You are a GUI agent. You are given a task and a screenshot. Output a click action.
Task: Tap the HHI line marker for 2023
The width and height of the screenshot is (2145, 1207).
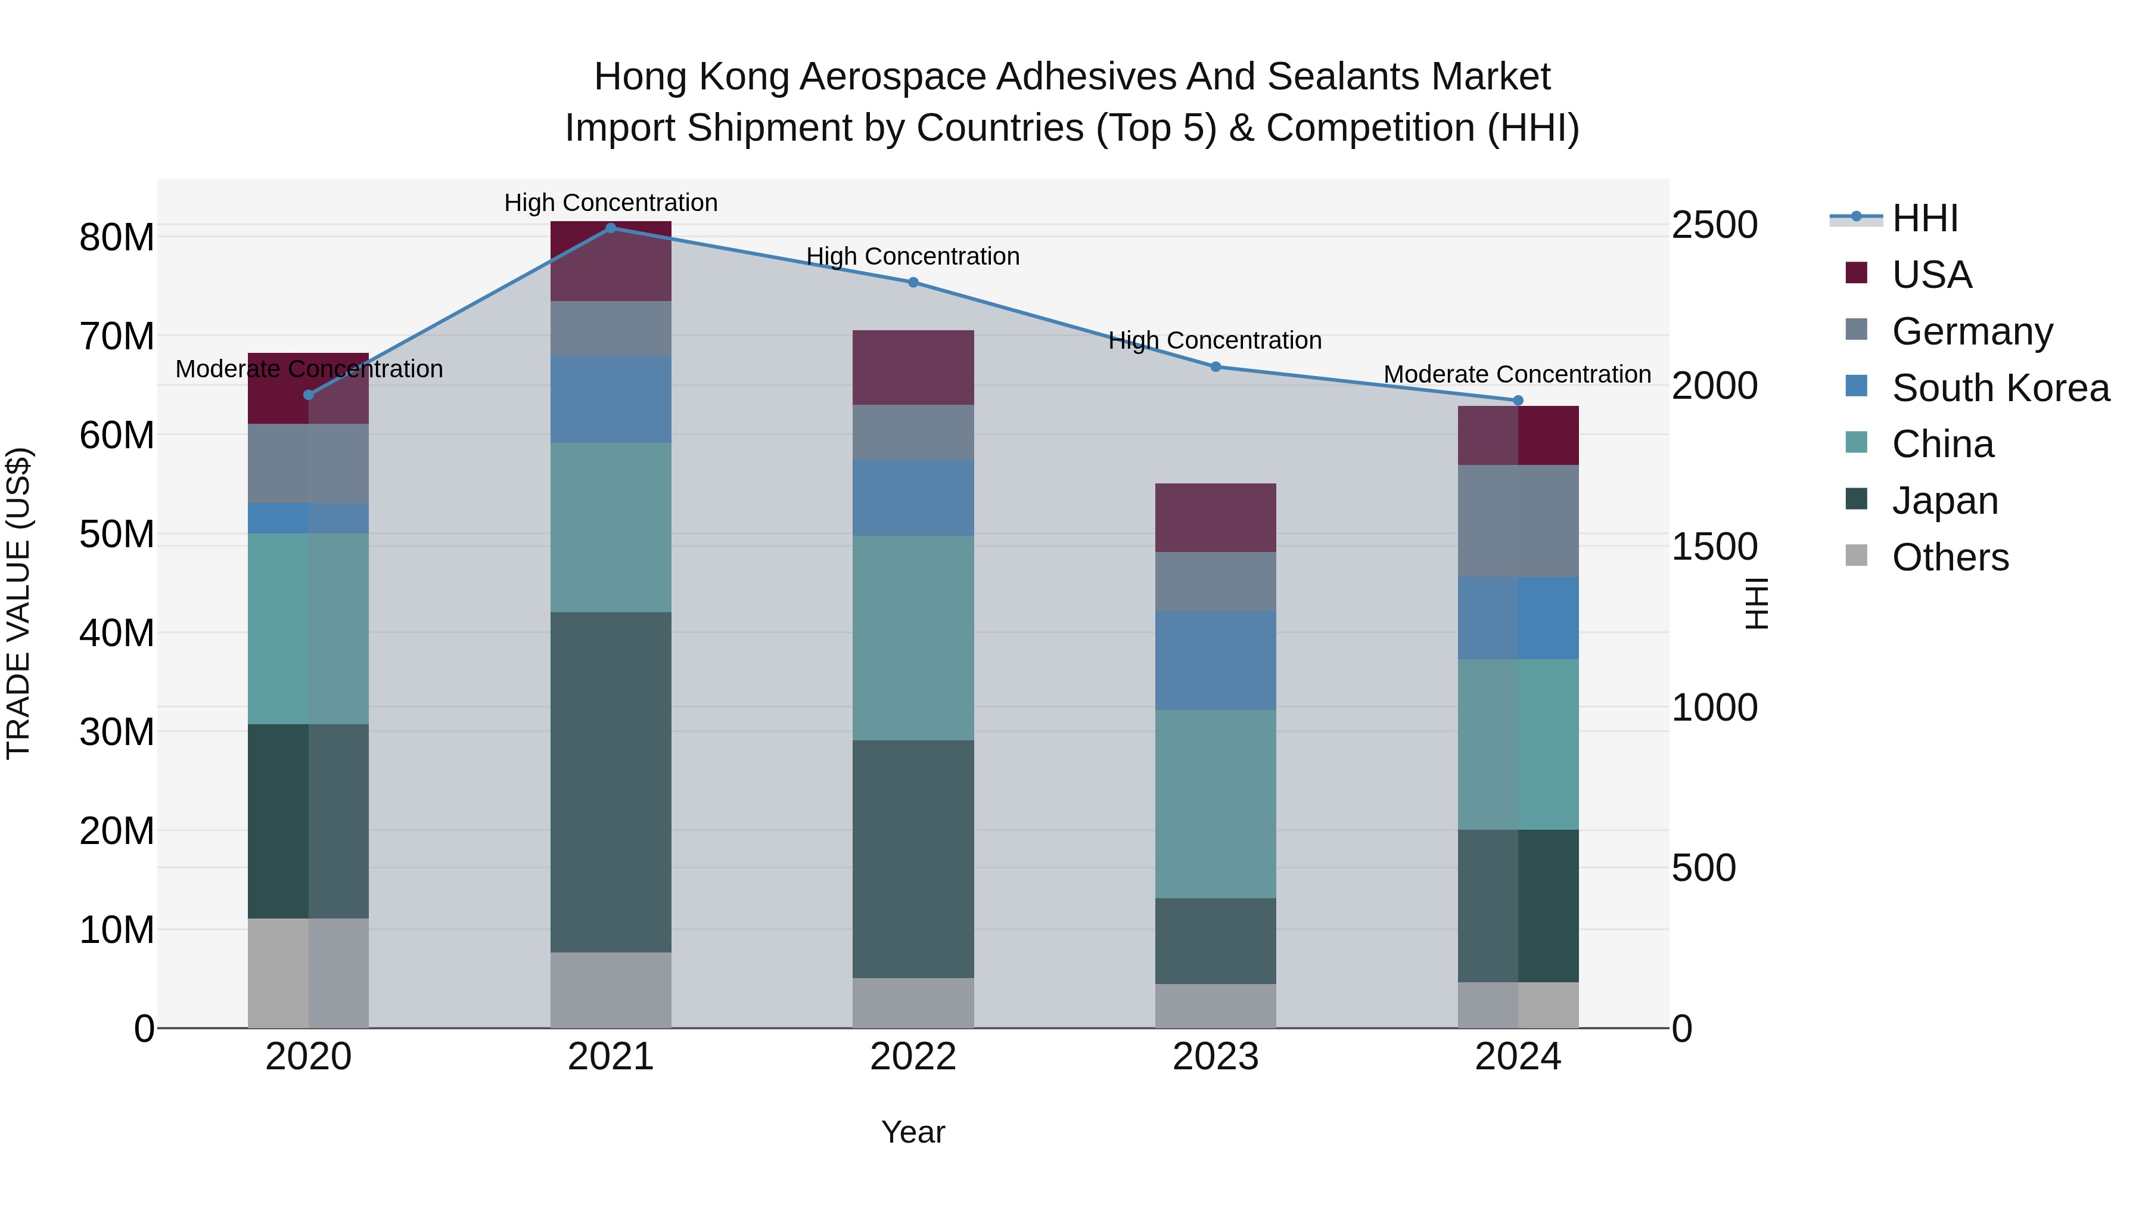tap(1215, 367)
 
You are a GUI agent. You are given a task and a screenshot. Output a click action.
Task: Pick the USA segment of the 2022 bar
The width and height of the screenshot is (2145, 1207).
tap(913, 367)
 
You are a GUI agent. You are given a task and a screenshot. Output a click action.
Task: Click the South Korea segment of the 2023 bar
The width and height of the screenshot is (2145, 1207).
tap(1215, 660)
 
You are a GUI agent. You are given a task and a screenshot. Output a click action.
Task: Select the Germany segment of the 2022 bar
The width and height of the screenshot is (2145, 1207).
tap(913, 432)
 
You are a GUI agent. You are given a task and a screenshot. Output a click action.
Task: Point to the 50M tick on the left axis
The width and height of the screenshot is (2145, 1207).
tap(117, 534)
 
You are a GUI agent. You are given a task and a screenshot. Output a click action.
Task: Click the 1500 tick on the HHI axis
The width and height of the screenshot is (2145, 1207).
tap(1714, 547)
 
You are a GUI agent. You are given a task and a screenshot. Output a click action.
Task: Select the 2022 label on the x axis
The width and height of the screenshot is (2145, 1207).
tap(913, 1057)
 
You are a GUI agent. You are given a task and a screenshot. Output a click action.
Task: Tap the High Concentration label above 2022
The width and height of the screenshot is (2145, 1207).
tap(913, 256)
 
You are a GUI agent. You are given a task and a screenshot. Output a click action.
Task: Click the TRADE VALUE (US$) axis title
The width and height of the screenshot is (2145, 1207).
tap(18, 603)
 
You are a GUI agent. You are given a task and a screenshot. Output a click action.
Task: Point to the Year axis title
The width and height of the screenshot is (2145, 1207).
tap(913, 1132)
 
